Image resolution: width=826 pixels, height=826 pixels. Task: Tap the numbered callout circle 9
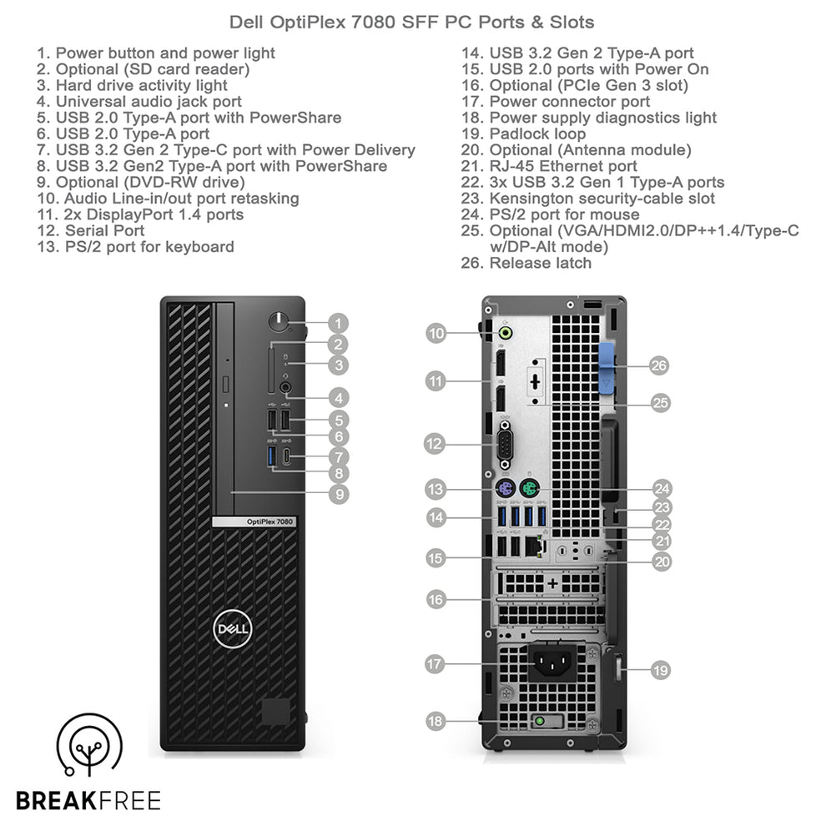pyautogui.click(x=337, y=494)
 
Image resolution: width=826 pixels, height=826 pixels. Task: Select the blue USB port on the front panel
pyautogui.click(x=271, y=456)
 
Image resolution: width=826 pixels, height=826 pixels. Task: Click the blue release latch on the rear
pyautogui.click(x=607, y=365)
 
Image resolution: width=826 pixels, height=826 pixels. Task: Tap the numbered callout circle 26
pyautogui.click(x=659, y=365)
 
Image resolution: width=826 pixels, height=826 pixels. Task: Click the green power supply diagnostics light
pyautogui.click(x=541, y=721)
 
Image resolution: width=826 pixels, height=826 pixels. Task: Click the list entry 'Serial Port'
pyautogui.click(x=104, y=230)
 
